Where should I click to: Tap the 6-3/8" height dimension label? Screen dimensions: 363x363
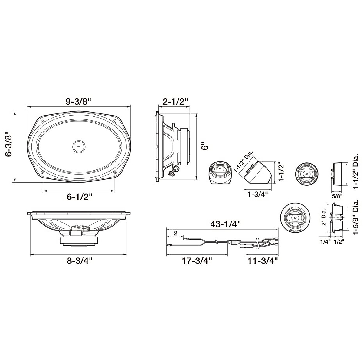[x=9, y=146]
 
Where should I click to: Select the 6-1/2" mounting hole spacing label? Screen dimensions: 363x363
[x=80, y=197]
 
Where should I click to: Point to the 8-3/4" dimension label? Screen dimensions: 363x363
[x=80, y=261]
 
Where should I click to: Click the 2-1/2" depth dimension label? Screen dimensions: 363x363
[x=175, y=102]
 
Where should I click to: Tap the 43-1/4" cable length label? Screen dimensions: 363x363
[x=225, y=224]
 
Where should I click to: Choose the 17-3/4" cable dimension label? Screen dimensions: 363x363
[x=197, y=261]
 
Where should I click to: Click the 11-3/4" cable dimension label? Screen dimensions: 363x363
[x=263, y=261]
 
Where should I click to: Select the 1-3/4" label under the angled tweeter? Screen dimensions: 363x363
[x=257, y=195]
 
